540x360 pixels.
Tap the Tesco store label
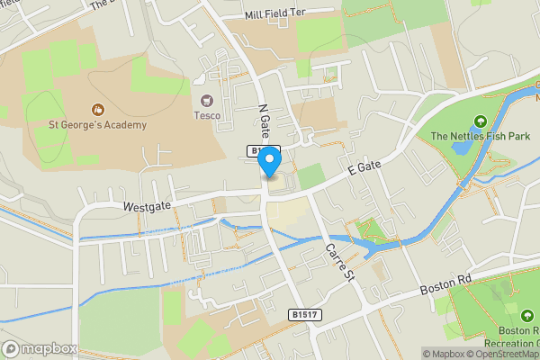(207, 115)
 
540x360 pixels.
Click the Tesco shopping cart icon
(207, 100)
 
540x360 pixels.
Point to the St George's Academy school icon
(96, 109)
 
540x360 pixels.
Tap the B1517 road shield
(304, 315)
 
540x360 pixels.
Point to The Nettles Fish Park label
(480, 137)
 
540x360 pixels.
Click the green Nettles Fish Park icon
(480, 121)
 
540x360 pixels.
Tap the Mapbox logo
(40, 348)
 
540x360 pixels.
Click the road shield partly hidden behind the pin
(257, 150)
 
